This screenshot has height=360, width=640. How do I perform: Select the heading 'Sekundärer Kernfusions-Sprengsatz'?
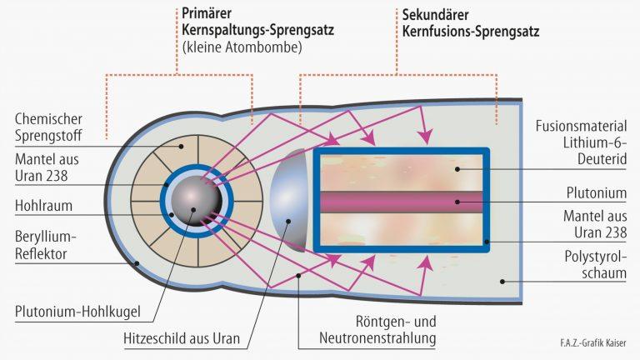point(467,24)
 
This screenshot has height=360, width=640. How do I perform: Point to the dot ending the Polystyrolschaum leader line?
point(502,282)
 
